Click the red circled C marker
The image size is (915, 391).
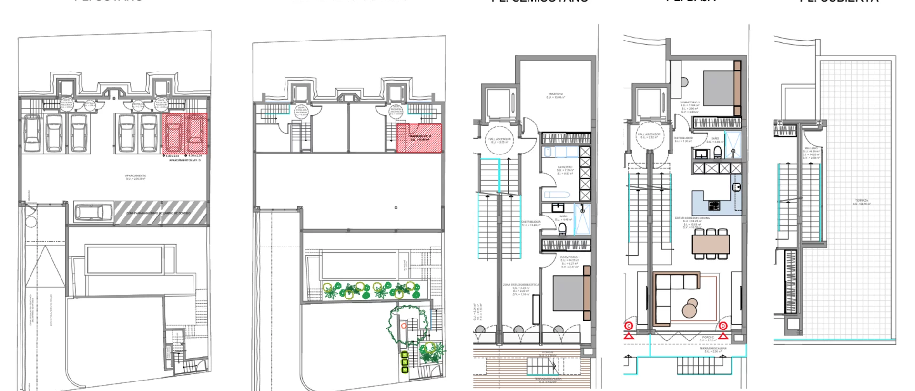click(629, 327)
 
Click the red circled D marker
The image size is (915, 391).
click(723, 327)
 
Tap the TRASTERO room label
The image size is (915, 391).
click(555, 95)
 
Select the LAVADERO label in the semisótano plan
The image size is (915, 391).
click(565, 168)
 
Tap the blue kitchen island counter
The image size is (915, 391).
click(712, 198)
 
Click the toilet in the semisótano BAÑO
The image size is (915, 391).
click(563, 230)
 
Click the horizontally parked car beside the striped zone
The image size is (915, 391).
click(93, 212)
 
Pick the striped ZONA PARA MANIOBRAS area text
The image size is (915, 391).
click(158, 213)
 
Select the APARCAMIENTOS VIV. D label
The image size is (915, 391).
click(184, 160)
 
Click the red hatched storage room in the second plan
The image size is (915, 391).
click(419, 138)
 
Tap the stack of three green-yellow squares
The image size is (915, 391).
click(405, 362)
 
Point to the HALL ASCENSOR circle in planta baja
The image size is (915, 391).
click(649, 136)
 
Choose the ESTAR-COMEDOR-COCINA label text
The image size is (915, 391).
click(692, 218)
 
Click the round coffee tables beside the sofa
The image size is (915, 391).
click(690, 308)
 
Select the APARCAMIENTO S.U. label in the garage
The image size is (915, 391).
click(135, 176)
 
